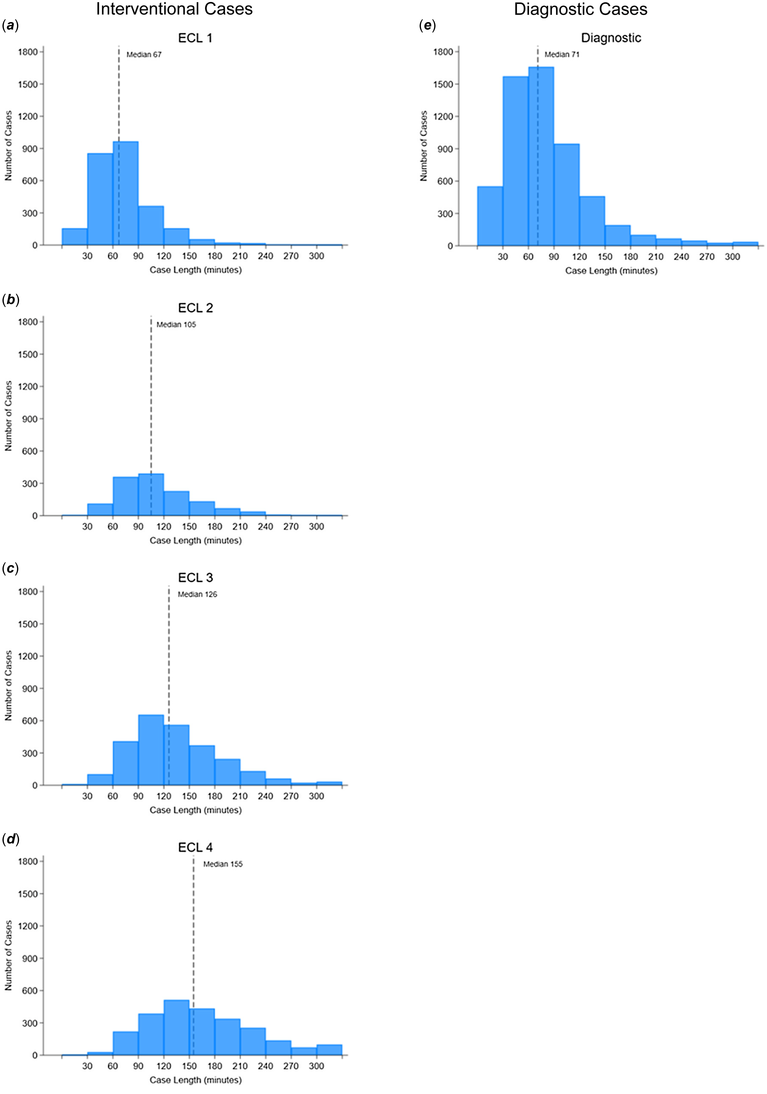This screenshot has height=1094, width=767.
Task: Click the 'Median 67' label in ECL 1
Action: (144, 55)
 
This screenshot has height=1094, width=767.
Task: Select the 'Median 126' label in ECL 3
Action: (197, 594)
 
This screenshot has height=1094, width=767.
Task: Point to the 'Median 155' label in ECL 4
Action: (223, 864)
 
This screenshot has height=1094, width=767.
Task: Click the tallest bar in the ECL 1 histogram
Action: (125, 193)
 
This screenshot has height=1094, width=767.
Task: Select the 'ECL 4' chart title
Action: (196, 847)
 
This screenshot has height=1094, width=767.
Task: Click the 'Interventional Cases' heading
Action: (174, 9)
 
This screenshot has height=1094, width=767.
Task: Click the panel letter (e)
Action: (427, 25)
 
